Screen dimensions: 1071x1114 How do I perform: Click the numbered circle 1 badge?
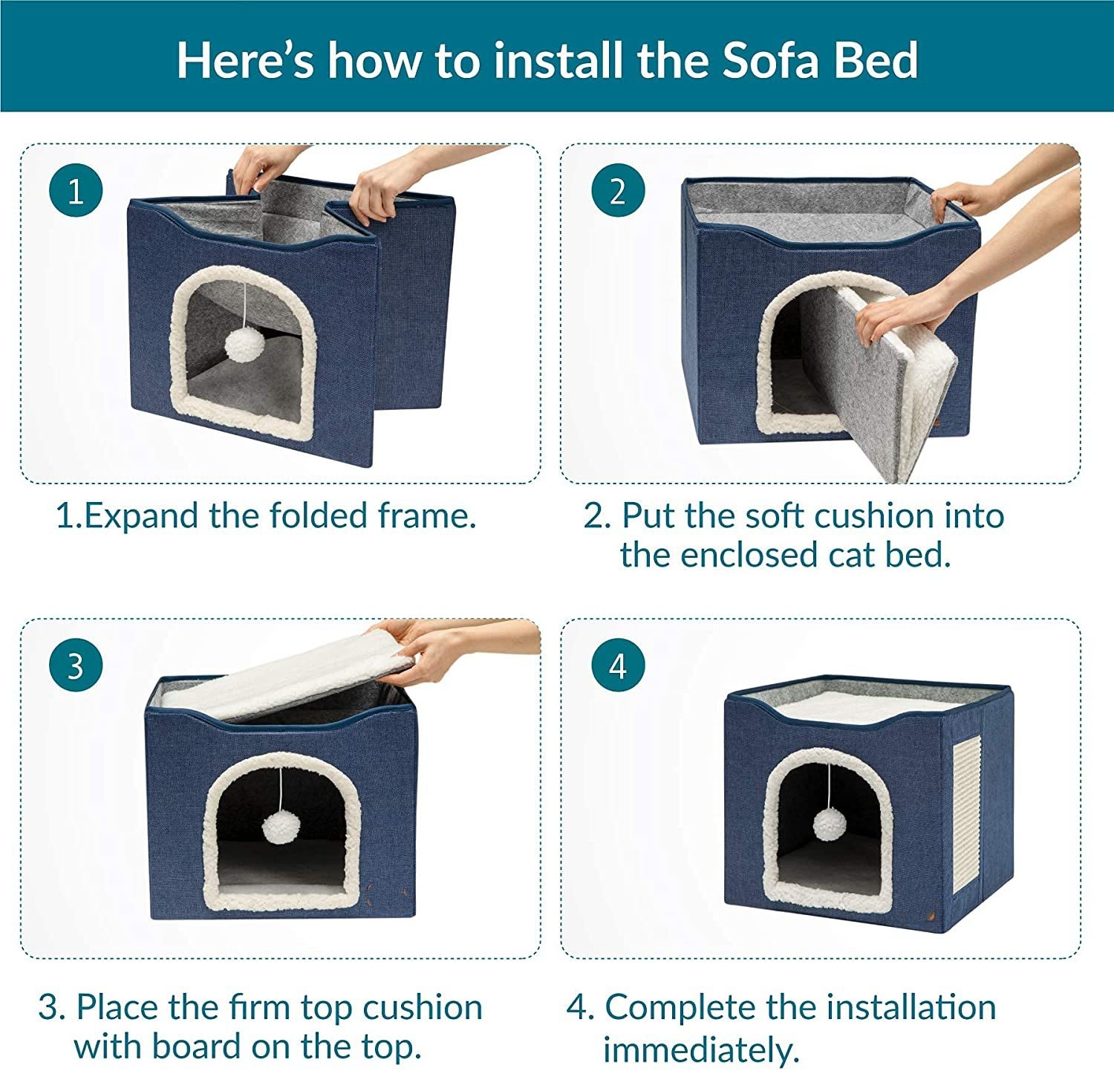(x=76, y=192)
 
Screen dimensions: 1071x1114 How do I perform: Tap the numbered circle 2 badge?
(x=618, y=192)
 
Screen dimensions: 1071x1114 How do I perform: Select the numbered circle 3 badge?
(x=76, y=666)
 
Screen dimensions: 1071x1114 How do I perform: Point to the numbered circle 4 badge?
(x=618, y=666)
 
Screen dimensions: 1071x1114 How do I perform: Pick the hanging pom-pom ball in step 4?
(x=829, y=825)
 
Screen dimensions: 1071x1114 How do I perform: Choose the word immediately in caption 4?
(x=700, y=1049)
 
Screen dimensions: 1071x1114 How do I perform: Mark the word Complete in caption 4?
(x=680, y=1008)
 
